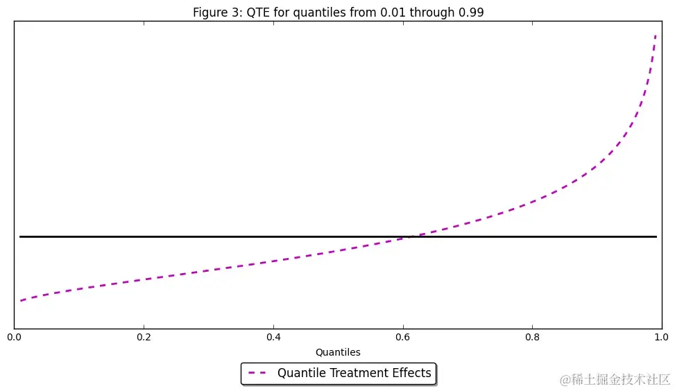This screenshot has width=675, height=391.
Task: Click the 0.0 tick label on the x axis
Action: (x=14, y=338)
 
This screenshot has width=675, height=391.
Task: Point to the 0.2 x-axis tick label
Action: (x=144, y=338)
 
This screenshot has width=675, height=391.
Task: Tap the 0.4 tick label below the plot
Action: (x=273, y=338)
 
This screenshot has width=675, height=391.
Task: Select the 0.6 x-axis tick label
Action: (x=403, y=338)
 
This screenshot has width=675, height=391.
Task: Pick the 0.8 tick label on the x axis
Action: (x=532, y=338)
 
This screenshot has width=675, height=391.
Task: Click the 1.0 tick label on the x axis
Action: (x=661, y=338)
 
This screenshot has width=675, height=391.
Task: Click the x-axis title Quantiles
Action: (x=338, y=352)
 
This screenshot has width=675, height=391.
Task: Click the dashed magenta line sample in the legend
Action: (x=258, y=373)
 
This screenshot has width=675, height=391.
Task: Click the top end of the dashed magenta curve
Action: (x=656, y=35)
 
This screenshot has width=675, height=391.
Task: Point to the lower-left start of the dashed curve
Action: (x=21, y=300)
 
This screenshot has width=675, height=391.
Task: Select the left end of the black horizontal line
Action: (x=20, y=236)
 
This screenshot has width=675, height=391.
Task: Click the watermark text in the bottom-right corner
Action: (x=615, y=379)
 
